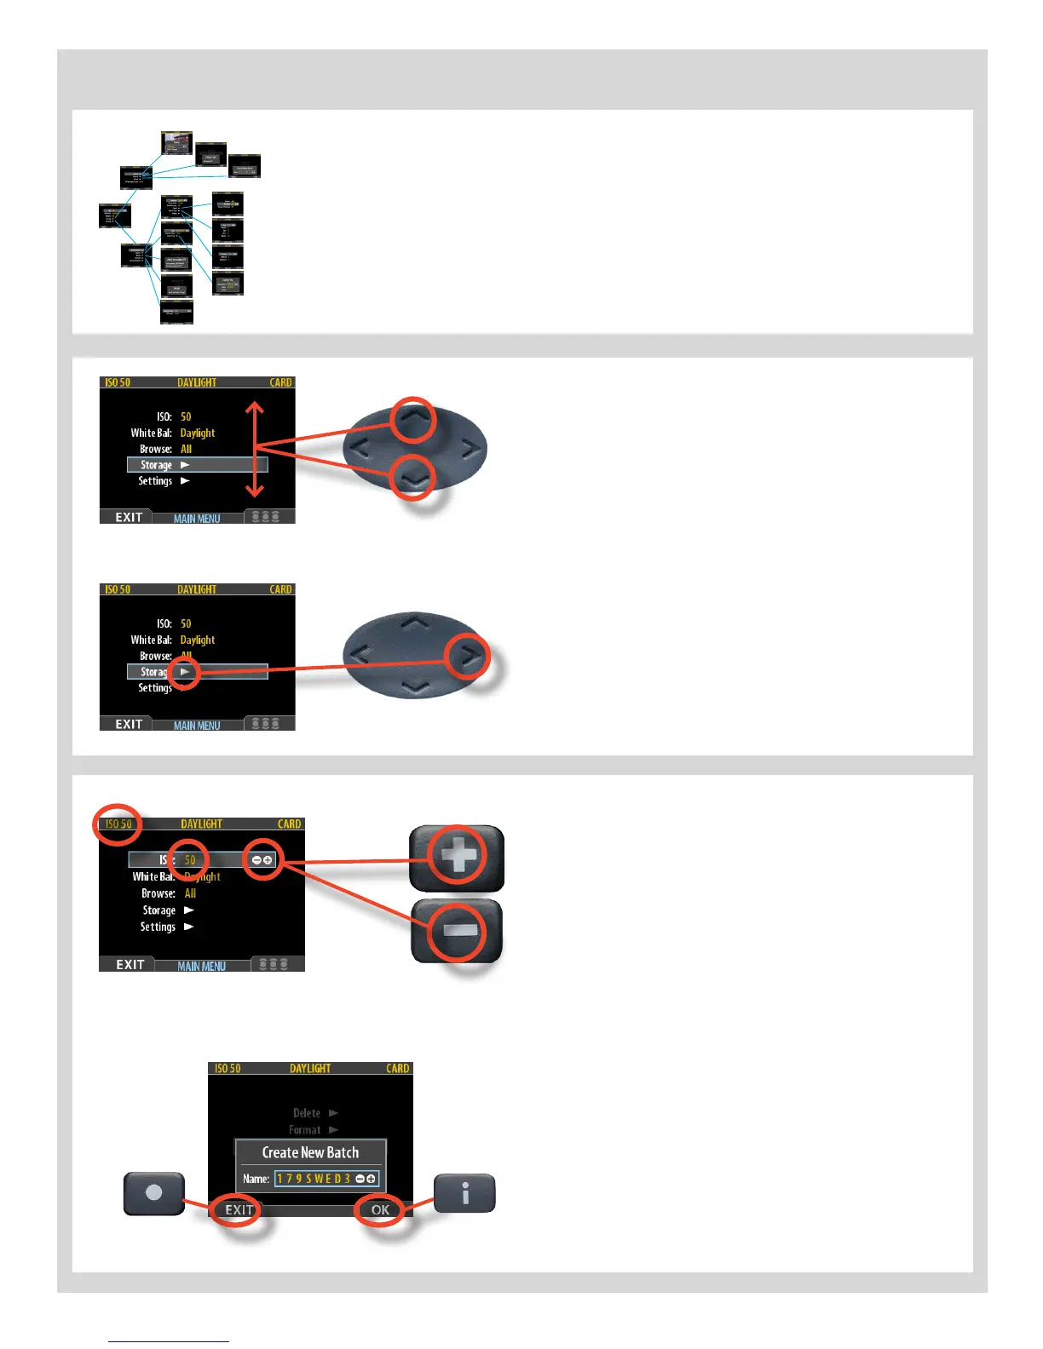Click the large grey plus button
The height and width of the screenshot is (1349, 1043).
click(458, 856)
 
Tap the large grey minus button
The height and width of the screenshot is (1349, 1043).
click(458, 931)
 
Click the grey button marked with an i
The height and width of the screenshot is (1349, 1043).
click(464, 1193)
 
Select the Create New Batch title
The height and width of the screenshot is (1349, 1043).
click(310, 1152)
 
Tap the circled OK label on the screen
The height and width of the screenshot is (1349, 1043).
click(380, 1209)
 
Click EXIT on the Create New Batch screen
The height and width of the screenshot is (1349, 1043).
click(239, 1209)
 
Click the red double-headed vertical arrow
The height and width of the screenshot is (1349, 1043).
click(255, 449)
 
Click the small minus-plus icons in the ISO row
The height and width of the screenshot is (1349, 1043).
click(262, 860)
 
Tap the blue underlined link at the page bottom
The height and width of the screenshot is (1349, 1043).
click(169, 1341)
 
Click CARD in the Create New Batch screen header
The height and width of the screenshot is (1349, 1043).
click(397, 1068)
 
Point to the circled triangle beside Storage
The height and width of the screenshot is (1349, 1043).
click(184, 672)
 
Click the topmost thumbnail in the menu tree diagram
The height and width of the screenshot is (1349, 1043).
click(177, 142)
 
